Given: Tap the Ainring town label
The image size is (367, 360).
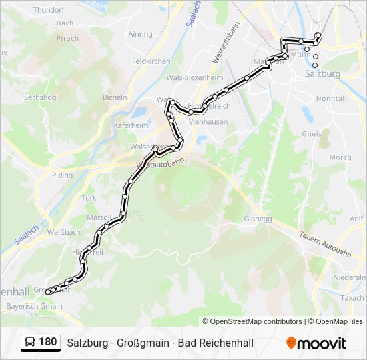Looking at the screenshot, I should pos(140,34).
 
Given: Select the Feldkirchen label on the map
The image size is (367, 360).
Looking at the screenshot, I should pos(151,61).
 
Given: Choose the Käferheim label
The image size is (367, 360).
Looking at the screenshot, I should pos(131,125).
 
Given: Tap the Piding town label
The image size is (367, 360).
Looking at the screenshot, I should pos(62,175).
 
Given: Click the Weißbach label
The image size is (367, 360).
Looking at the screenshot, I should pos(64,232).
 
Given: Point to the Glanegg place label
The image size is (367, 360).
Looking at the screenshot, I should pos(257,218).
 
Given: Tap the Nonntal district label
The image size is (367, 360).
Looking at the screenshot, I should pos(330,98).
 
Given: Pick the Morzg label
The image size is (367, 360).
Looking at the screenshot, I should pos(340,157).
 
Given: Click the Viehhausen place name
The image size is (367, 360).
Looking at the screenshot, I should pos(208,122).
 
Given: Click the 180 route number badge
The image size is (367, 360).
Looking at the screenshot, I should pos(47,342).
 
